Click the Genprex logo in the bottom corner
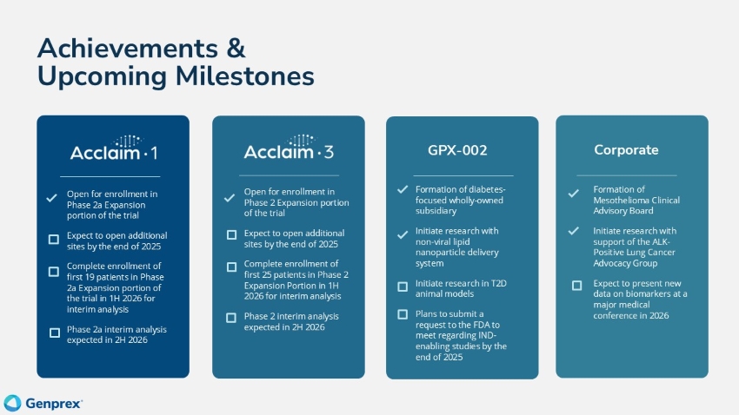pyautogui.click(x=43, y=402)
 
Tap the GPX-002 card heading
pyautogui.click(x=457, y=150)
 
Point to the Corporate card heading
pyautogui.click(x=626, y=149)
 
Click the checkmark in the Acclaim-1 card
pyautogui.click(x=53, y=199)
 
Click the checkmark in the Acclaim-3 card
pyautogui.click(x=230, y=198)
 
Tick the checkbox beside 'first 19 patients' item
pyautogui.click(x=54, y=272)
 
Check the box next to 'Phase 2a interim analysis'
pyautogui.click(x=54, y=333)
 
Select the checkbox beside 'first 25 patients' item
pyautogui.click(x=231, y=267)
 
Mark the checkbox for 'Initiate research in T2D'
pyautogui.click(x=403, y=286)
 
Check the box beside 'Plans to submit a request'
pyautogui.click(x=403, y=314)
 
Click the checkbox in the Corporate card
pyautogui.click(x=576, y=285)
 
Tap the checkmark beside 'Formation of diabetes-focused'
pyautogui.click(x=402, y=189)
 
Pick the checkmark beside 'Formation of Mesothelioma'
pyautogui.click(x=573, y=193)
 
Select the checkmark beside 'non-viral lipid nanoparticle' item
pyautogui.click(x=402, y=234)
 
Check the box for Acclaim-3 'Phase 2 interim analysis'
pyautogui.click(x=231, y=318)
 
